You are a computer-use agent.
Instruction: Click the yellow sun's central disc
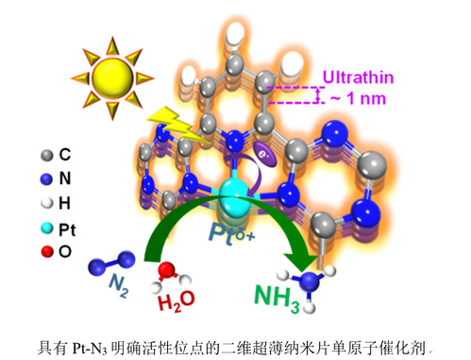[x=112, y=77]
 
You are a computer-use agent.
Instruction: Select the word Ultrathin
[x=358, y=77]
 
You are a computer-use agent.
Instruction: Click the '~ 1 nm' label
[x=359, y=98]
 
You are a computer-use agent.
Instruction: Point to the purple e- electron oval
[x=265, y=154]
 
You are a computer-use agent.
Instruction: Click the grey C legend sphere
[x=47, y=155]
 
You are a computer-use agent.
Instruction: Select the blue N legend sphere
[x=46, y=179]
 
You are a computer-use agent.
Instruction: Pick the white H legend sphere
[x=47, y=203]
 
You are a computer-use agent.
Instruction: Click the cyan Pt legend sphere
[x=47, y=229]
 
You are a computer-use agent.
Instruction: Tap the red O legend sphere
[x=47, y=251]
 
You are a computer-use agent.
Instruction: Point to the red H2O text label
[x=177, y=301]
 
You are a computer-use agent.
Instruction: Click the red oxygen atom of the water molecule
[x=166, y=270]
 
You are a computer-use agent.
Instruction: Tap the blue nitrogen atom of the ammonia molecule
[x=310, y=282]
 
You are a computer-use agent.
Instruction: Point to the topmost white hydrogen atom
[x=236, y=33]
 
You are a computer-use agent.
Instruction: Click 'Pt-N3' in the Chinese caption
[x=90, y=349]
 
